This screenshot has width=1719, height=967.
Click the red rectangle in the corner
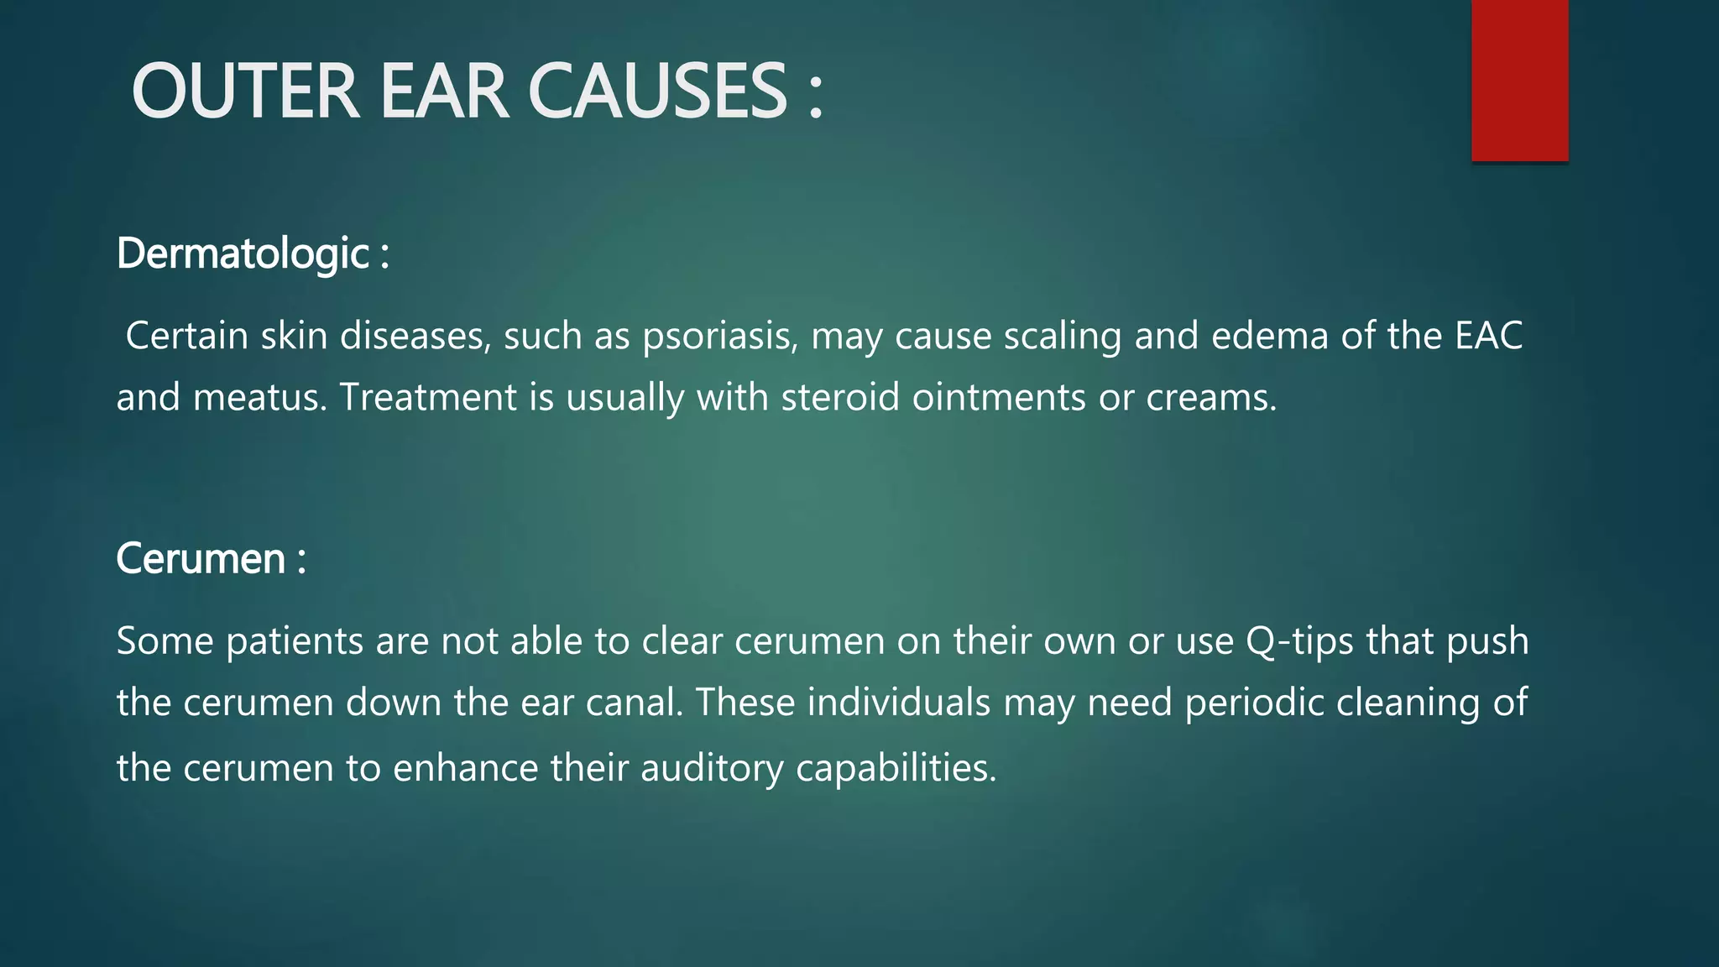tap(1519, 80)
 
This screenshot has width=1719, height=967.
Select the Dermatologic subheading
tap(243, 254)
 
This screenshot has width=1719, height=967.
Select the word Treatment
tap(428, 398)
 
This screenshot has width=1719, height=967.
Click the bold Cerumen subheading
tap(201, 559)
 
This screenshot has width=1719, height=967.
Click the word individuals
tap(899, 703)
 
